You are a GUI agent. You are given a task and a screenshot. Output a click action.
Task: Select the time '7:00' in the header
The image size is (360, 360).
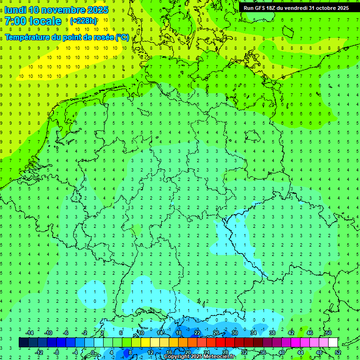pyautogui.click(x=15, y=21)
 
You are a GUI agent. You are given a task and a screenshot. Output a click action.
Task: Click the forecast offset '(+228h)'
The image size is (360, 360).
pyautogui.click(x=83, y=21)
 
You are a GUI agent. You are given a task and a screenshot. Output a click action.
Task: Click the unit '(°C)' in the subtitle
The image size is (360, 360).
pyautogui.click(x=122, y=37)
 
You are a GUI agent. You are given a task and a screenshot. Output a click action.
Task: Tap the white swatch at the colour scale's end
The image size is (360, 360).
pyautogui.click(x=333, y=343)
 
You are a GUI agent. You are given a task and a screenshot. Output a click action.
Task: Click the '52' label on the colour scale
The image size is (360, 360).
pyautogui.click(x=337, y=352)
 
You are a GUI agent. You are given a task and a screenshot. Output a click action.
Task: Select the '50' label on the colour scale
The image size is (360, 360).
pyautogui.click(x=328, y=333)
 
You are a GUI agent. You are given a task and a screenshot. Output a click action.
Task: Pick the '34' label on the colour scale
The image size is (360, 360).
pyautogui.click(x=253, y=333)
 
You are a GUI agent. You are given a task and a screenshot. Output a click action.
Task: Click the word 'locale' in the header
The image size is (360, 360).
pyautogui.click(x=45, y=21)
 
